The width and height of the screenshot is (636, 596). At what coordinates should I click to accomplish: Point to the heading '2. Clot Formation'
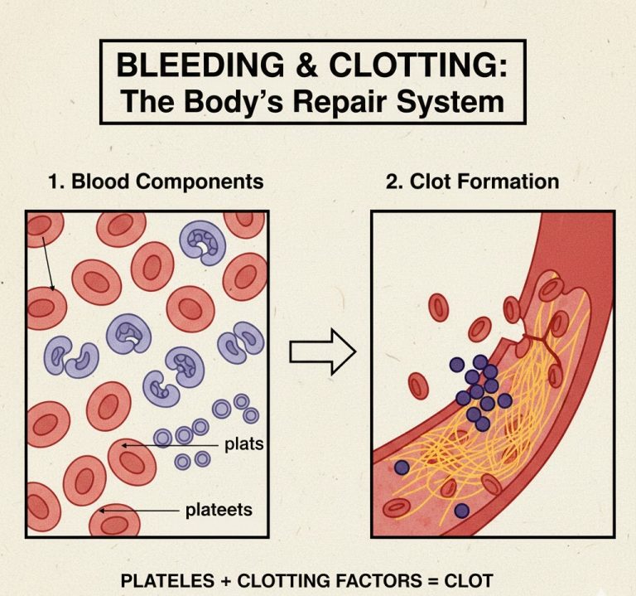tap(472, 182)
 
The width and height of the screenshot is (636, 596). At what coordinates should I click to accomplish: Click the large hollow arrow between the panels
tap(322, 352)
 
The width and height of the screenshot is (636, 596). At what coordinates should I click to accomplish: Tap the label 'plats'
tap(243, 445)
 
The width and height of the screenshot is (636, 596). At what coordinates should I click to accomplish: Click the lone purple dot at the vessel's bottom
tap(462, 511)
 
